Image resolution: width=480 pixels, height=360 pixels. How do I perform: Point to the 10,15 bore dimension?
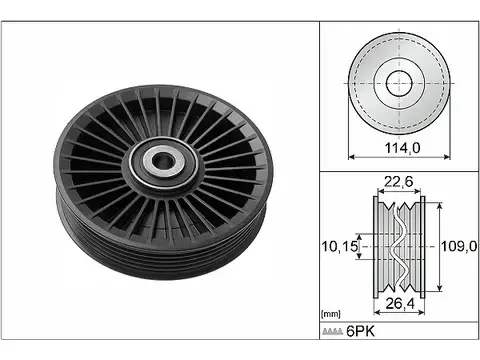pyautogui.click(x=337, y=243)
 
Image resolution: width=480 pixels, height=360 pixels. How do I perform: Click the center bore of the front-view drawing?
pyautogui.click(x=398, y=84)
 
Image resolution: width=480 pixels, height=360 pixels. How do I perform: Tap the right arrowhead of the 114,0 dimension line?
pyautogui.click(x=445, y=157)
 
